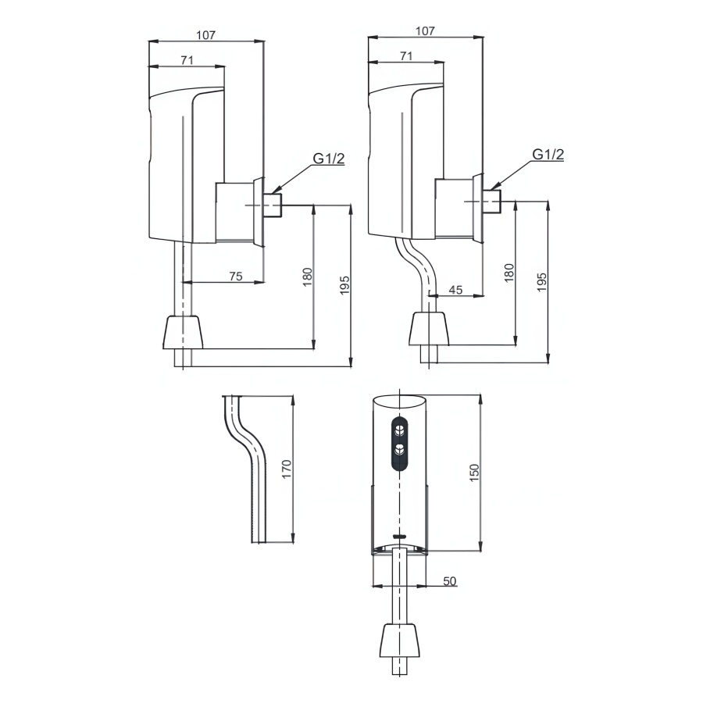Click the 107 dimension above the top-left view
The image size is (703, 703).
[x=206, y=34]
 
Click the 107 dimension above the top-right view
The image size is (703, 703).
[x=425, y=31]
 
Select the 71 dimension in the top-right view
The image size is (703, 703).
[x=406, y=55]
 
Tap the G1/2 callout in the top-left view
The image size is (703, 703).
[x=329, y=159]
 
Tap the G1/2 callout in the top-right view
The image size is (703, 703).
[x=548, y=155]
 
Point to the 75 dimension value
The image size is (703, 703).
[x=236, y=276]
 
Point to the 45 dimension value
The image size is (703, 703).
[x=456, y=290]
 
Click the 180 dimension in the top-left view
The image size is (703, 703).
[x=307, y=277]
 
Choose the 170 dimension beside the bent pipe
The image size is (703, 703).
[x=287, y=469]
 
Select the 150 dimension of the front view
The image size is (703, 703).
[x=473, y=473]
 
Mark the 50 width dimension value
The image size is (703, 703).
[x=450, y=581]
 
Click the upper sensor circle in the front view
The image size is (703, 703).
[x=399, y=429]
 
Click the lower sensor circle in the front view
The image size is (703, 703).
[x=399, y=449]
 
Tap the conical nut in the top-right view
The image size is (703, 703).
[x=430, y=327]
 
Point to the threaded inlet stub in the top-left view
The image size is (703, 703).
[x=273, y=204]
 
